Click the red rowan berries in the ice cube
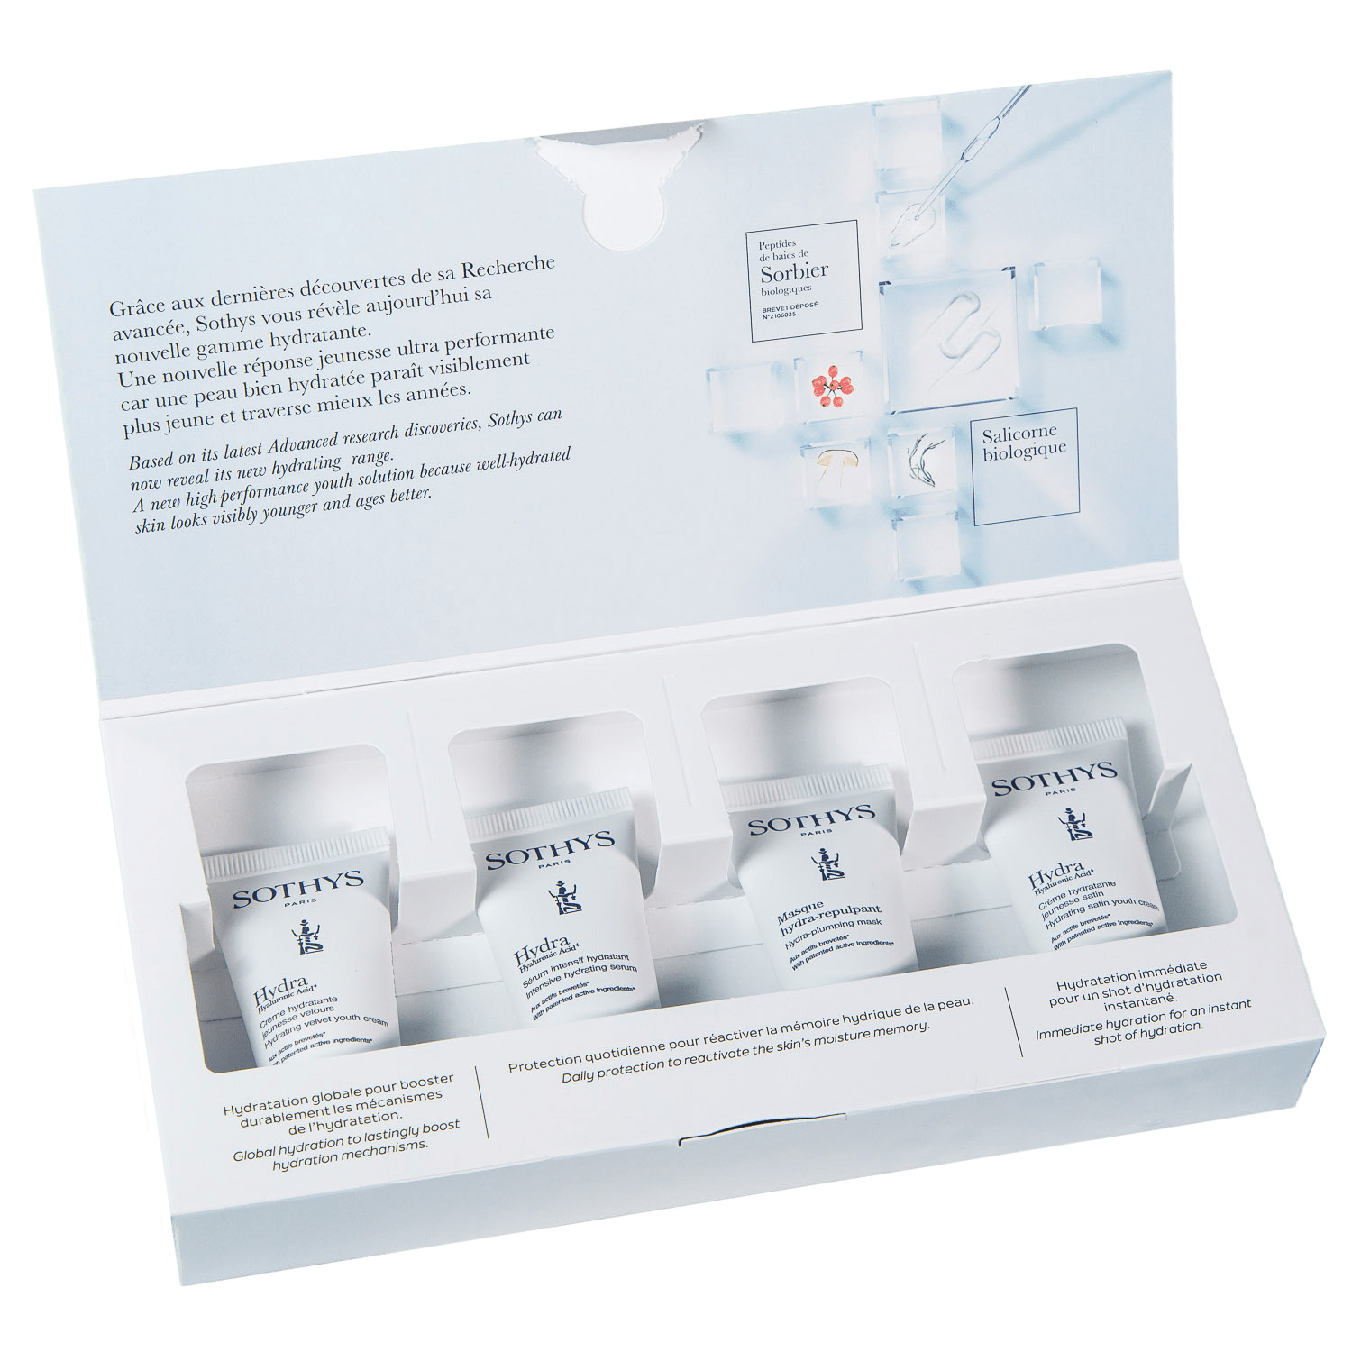831,386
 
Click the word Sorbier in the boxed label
793,271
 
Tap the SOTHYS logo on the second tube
549,849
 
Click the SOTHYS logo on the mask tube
810,820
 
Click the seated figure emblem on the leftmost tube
307,936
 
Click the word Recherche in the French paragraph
507,268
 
